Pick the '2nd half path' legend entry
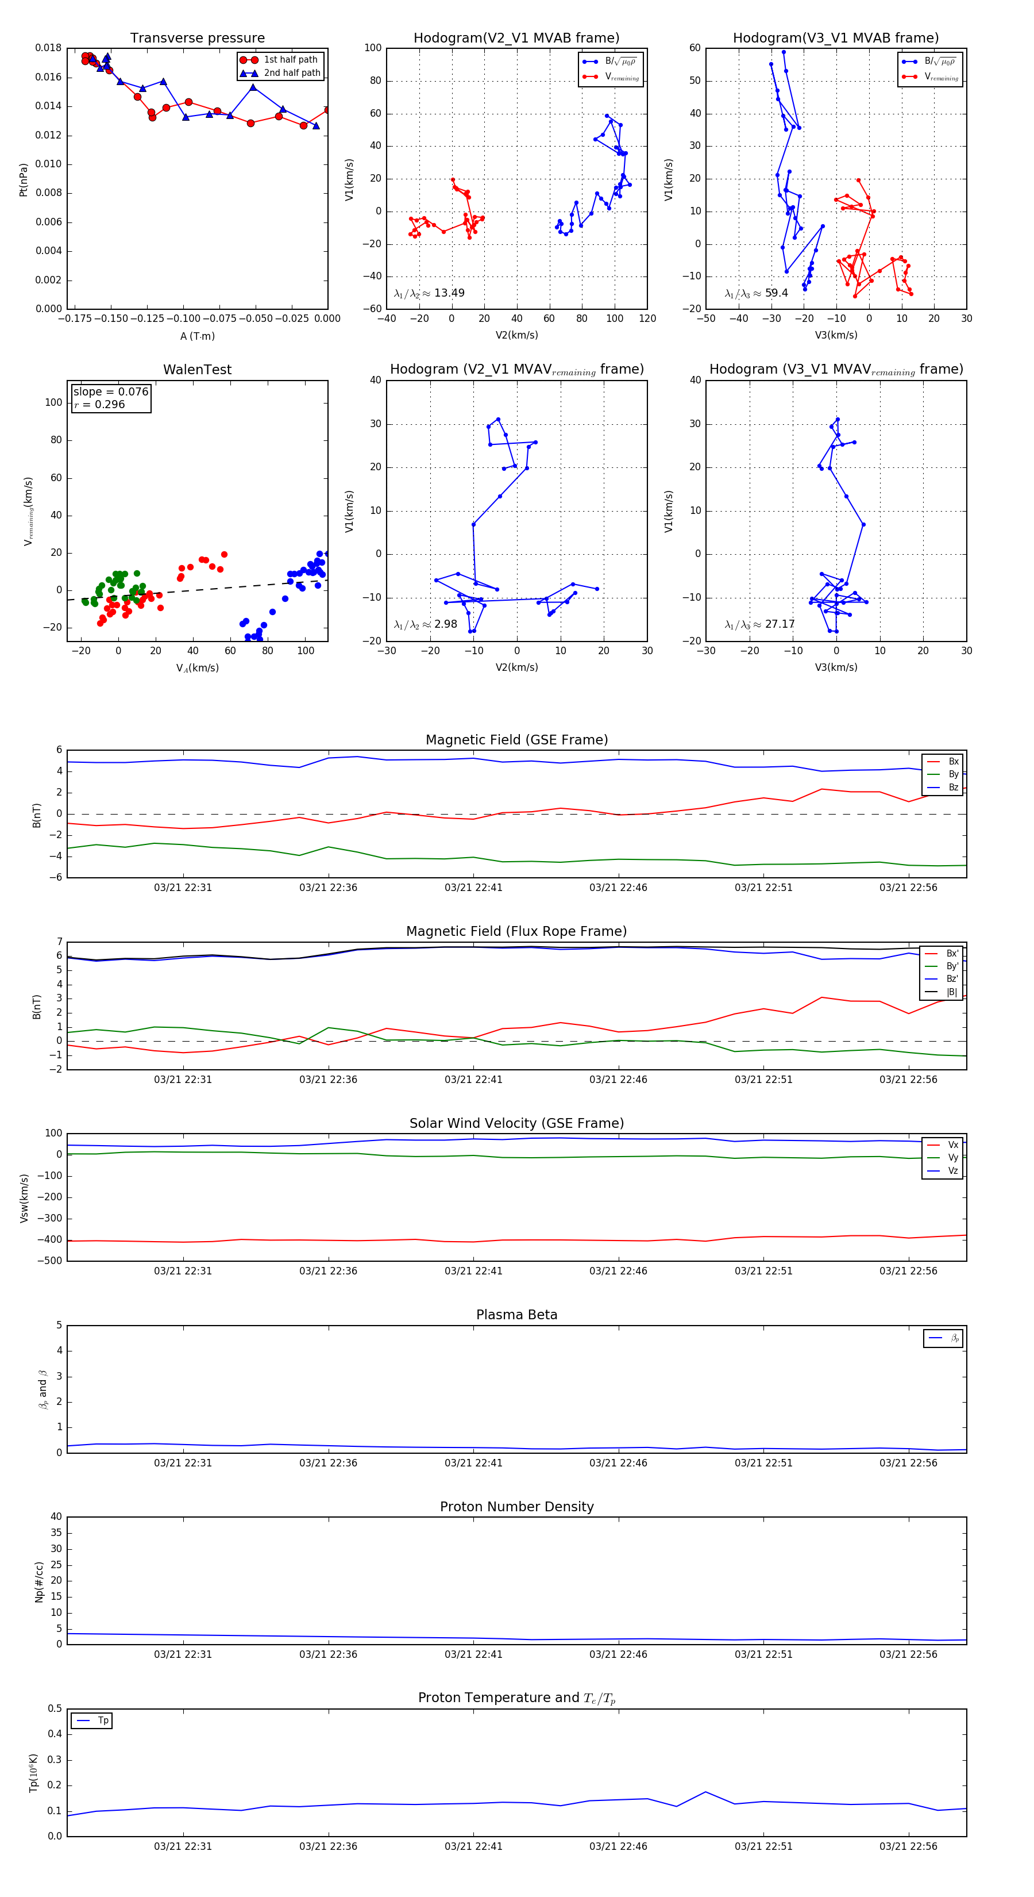coord(291,73)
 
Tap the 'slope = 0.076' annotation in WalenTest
coord(110,392)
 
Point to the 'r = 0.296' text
coord(99,404)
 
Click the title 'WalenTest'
coord(197,370)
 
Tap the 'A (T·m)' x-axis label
coord(197,336)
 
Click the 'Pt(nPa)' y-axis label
coord(24,179)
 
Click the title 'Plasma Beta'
coord(516,1315)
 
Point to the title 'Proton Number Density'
coord(516,1506)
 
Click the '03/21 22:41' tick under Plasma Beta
coord(473,1462)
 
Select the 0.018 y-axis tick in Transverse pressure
coord(49,48)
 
